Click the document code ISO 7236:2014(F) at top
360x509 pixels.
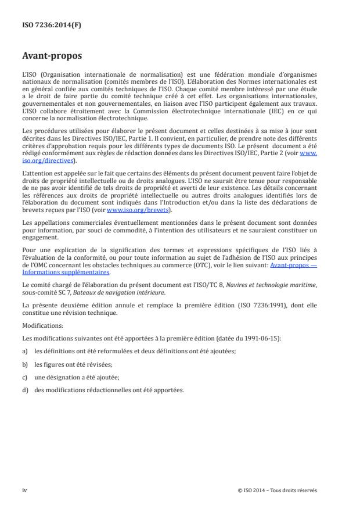(47, 26)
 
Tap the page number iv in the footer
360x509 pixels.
(24, 490)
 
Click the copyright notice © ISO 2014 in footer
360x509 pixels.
(278, 490)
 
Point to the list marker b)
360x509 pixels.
(24, 364)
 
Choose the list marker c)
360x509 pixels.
(24, 378)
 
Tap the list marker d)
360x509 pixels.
(24, 389)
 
